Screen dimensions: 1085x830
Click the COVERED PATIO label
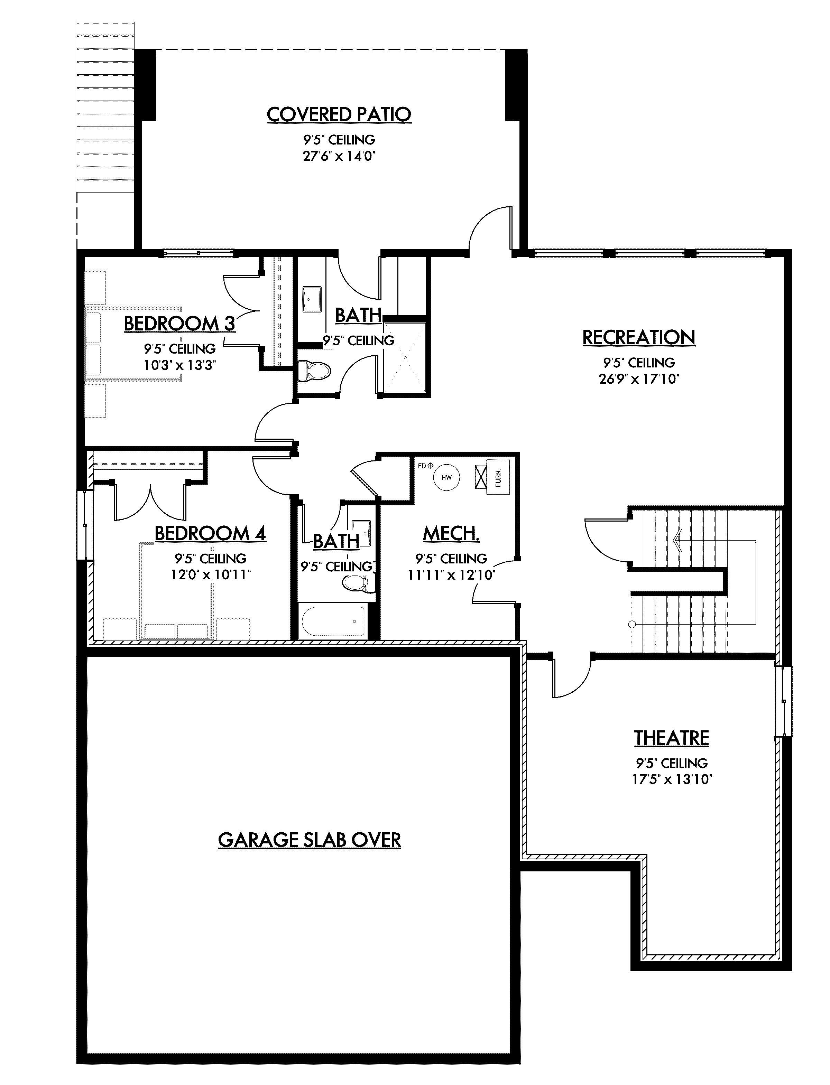point(339,114)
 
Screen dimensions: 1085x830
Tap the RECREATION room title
point(639,338)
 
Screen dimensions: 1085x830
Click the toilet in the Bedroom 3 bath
point(314,371)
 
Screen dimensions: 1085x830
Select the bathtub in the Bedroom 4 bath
point(334,621)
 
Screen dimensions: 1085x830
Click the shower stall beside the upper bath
point(405,358)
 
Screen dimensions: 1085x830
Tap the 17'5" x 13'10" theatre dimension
point(671,779)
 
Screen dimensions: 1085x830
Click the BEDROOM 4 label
point(211,533)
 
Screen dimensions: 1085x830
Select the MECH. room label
point(451,533)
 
